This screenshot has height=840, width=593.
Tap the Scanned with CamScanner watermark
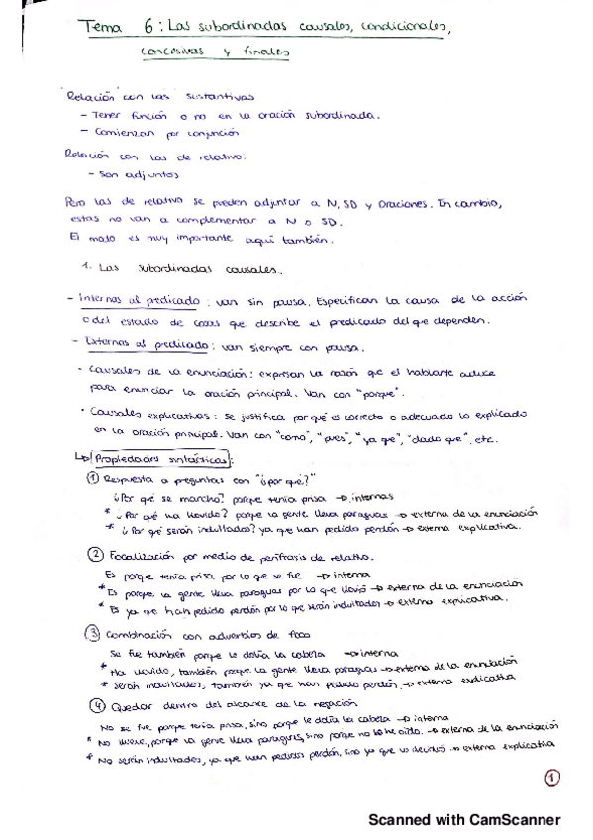464,819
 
